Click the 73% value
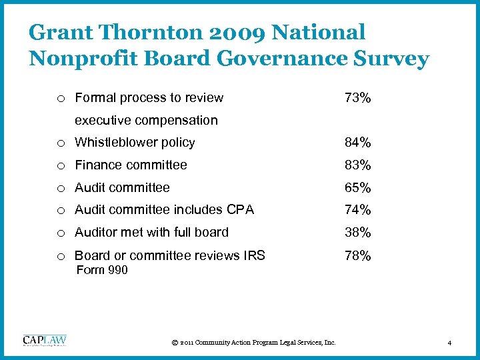tap(357, 98)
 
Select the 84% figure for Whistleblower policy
tap(357, 143)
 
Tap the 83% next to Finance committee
tap(357, 165)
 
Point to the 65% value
tap(357, 188)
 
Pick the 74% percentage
tap(357, 210)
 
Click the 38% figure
tap(357, 233)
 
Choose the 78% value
tap(357, 255)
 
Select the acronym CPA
tap(241, 210)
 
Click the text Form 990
tap(102, 270)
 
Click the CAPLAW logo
tap(45, 340)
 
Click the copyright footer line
tap(253, 343)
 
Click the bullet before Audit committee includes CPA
tap(61, 211)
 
